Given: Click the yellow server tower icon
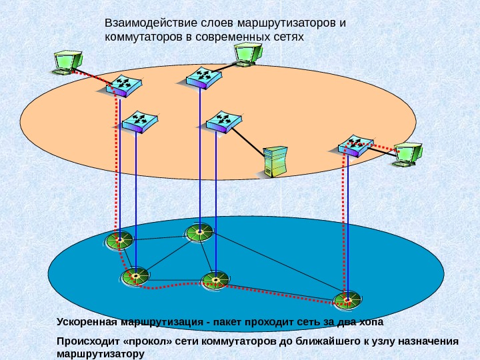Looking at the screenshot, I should (x=275, y=161).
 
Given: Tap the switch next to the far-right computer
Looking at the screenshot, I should (x=355, y=145).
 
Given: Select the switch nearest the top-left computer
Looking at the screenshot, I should (x=123, y=85).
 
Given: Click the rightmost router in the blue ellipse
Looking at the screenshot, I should (x=347, y=299).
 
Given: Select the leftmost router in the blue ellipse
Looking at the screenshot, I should (x=119, y=240).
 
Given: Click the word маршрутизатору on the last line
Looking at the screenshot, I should (x=101, y=353).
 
